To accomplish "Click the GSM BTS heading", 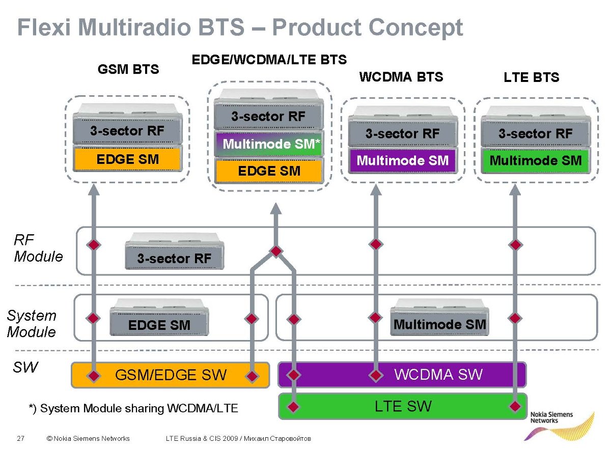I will tap(128, 69).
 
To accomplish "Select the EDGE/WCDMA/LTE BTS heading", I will tap(269, 60).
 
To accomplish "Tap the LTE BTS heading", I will tap(531, 77).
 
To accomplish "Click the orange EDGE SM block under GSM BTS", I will tap(127, 159).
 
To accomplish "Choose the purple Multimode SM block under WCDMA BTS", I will tap(402, 161).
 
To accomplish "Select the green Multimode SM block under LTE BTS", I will tap(535, 161).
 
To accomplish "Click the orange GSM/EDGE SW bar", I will tap(170, 376).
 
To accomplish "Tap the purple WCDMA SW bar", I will tap(438, 375).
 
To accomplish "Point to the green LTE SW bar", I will tap(403, 406).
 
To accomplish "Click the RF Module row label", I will tap(38, 248).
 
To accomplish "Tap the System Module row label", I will tap(32, 323).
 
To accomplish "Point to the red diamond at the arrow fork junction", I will tap(275, 251).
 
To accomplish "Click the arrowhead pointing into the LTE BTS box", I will tap(515, 190).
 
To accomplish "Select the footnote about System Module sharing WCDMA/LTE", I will tap(133, 408).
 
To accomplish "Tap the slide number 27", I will tap(21, 438).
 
